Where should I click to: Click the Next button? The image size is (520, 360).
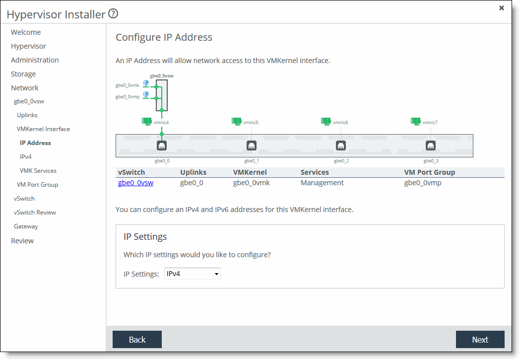click(x=480, y=340)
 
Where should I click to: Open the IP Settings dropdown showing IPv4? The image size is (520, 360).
click(x=193, y=274)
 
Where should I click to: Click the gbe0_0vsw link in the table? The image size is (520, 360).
click(x=135, y=183)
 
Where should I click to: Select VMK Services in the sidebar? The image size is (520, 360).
click(x=38, y=170)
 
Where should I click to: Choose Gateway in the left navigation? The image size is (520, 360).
click(x=26, y=226)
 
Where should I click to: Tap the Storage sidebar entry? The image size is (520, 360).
click(x=23, y=74)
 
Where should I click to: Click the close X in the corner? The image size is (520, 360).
click(x=502, y=8)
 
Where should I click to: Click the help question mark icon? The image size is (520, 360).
click(x=113, y=13)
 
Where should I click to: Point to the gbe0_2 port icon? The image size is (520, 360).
click(x=341, y=145)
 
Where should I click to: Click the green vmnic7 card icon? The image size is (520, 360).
click(x=415, y=122)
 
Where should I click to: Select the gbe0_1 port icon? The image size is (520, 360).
click(x=252, y=145)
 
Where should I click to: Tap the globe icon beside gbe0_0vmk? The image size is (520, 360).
click(x=146, y=83)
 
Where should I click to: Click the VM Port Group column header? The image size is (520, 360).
click(x=430, y=172)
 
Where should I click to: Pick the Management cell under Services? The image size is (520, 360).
click(x=322, y=183)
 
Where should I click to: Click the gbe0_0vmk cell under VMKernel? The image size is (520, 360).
click(x=252, y=183)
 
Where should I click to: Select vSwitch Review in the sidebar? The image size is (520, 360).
click(x=35, y=213)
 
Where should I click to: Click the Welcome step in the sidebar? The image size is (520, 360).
click(x=26, y=32)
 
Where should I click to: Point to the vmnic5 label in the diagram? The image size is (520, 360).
click(x=251, y=123)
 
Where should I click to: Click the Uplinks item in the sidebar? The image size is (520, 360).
click(x=27, y=115)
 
